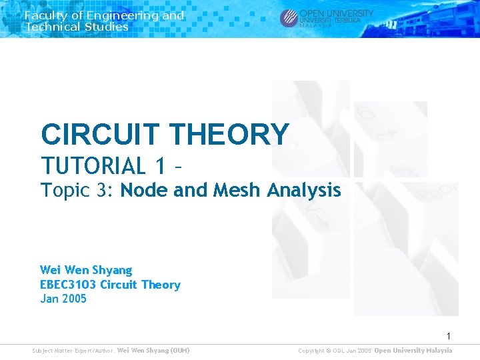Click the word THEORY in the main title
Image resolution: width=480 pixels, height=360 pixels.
230,135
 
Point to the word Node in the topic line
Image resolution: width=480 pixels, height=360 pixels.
145,191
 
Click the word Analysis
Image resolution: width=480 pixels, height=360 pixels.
304,191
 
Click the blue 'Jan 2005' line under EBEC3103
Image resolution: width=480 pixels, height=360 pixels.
63,299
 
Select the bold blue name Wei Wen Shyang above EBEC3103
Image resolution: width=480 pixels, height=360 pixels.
86,270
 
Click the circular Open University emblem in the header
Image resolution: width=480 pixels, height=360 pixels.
289,18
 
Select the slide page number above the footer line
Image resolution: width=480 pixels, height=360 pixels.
449,336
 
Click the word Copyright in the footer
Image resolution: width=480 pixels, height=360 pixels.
312,351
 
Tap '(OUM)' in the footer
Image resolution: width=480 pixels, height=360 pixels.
180,351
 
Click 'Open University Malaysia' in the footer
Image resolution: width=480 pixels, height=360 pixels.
413,351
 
